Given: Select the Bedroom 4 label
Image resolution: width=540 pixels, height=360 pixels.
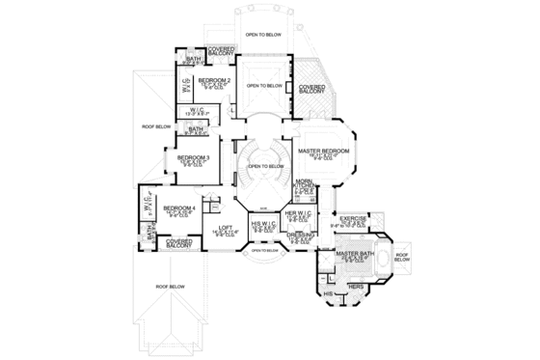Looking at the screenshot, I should (178, 208).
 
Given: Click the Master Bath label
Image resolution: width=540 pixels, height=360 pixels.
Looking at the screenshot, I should (355, 254).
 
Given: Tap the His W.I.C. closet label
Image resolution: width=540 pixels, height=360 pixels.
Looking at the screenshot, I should (264, 226).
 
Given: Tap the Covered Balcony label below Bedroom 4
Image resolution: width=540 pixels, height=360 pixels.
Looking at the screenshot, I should (178, 243).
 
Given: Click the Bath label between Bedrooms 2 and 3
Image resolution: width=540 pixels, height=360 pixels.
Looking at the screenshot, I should (196, 128).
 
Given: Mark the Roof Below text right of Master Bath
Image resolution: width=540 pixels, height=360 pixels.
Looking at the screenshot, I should (402, 257).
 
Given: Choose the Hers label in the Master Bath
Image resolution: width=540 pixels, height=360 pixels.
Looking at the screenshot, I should (355, 287).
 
